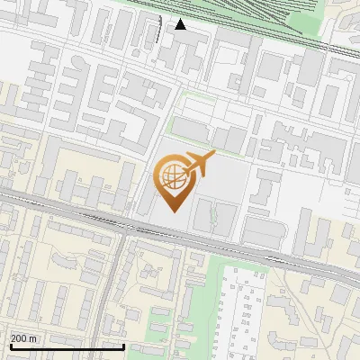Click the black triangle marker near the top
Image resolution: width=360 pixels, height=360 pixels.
(181, 24)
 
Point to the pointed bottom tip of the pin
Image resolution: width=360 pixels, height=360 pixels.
(174, 211)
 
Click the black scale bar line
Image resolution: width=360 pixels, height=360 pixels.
(67, 346)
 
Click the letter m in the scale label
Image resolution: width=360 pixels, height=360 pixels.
(33, 338)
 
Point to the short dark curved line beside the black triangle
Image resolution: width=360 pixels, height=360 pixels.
(162, 32)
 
